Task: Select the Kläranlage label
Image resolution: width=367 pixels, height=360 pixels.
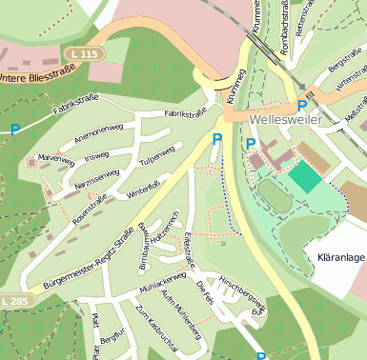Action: (x=336, y=258)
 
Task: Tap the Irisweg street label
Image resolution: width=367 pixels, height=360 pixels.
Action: (x=96, y=156)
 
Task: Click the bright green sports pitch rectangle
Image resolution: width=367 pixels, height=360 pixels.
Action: (x=306, y=175)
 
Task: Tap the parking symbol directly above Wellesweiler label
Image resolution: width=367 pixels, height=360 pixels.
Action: (x=302, y=105)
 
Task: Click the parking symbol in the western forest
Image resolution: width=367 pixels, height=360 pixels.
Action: (x=14, y=129)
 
